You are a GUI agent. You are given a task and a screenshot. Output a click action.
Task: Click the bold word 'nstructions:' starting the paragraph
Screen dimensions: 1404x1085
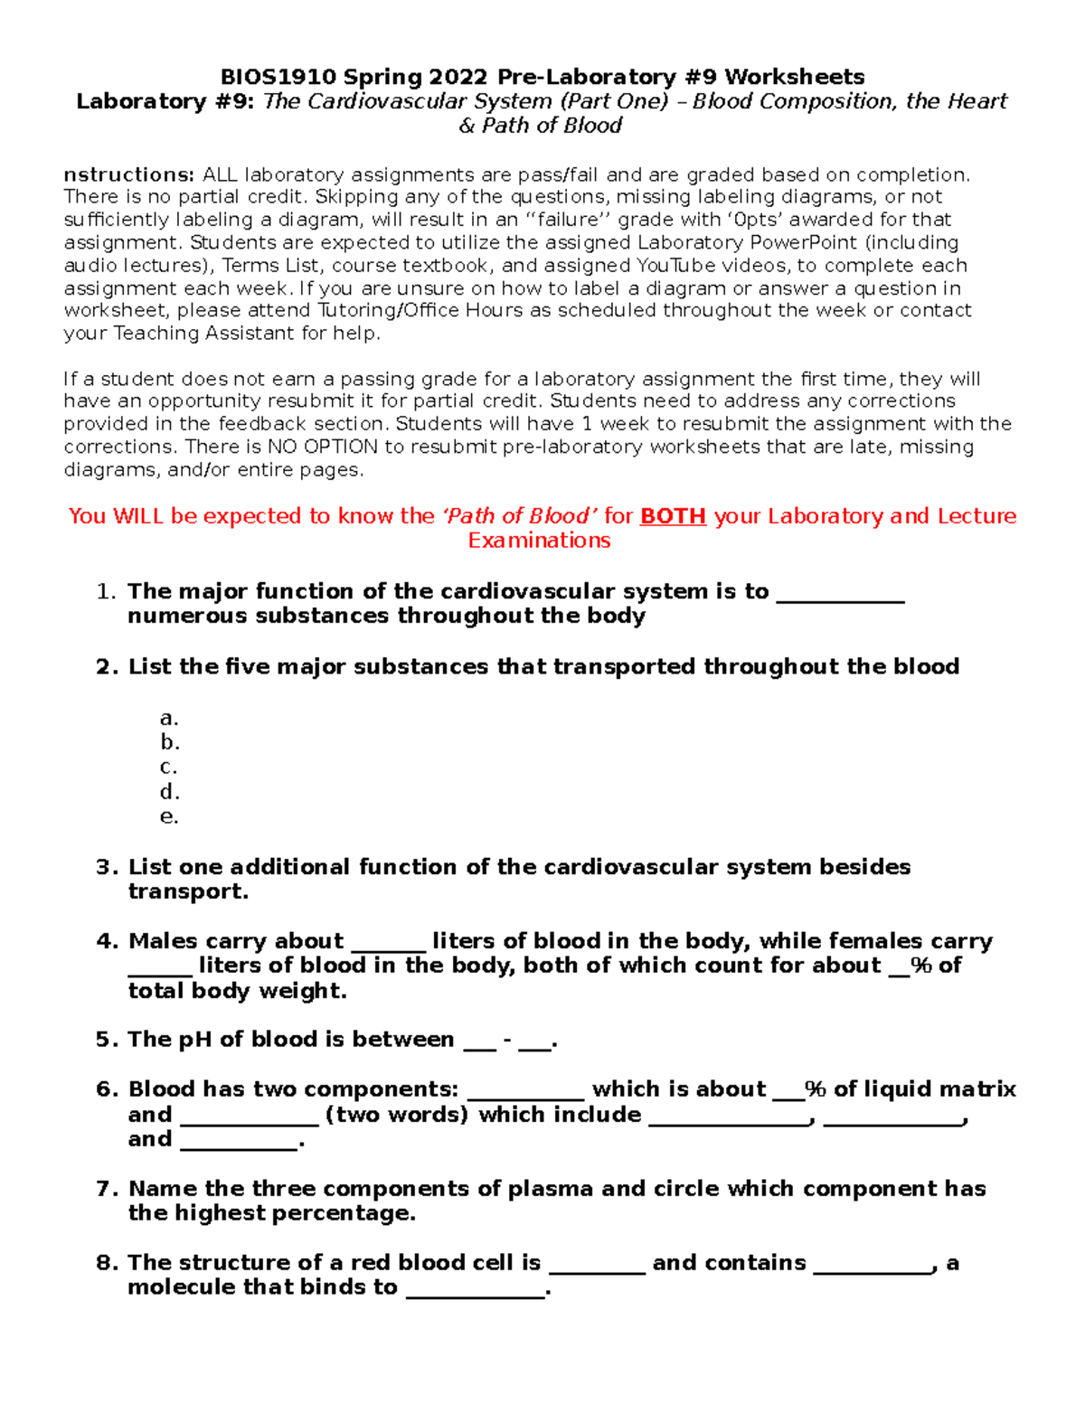tap(128, 174)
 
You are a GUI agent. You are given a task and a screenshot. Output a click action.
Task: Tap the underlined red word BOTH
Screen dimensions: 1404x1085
tap(673, 516)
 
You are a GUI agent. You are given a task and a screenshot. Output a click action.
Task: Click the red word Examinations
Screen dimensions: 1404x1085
tap(539, 541)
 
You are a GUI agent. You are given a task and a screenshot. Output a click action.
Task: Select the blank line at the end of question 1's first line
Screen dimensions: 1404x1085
tap(840, 596)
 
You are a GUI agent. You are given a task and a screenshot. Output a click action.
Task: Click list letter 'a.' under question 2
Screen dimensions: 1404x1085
tap(169, 719)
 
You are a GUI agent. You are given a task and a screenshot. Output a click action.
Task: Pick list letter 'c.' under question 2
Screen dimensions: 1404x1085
tap(168, 768)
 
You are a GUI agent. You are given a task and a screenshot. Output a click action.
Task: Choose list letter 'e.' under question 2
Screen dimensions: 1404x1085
tap(169, 816)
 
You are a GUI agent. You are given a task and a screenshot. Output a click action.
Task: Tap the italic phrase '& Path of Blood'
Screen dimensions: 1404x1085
tap(540, 126)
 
